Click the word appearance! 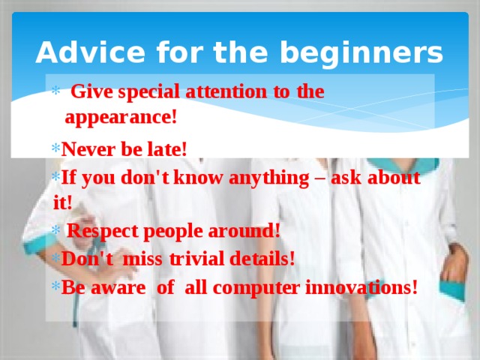click(x=121, y=118)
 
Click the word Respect click(x=98, y=230)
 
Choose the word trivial click(x=196, y=258)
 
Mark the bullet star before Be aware click(x=56, y=286)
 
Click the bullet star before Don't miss click(x=56, y=258)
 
